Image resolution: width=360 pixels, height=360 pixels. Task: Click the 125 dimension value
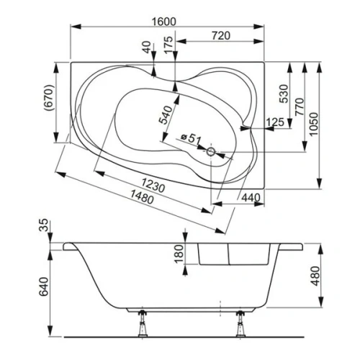(274, 122)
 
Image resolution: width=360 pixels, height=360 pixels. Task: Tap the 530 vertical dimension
(283, 93)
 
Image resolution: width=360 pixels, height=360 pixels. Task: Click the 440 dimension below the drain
(249, 197)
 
